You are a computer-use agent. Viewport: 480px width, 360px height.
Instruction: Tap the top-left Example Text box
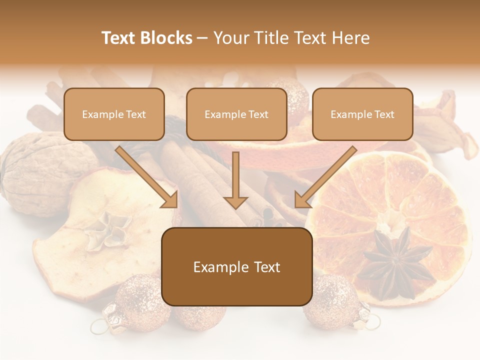point(114,114)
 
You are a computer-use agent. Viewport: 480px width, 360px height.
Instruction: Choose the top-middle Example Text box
point(236,114)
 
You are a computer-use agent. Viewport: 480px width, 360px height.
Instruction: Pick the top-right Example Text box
point(362,114)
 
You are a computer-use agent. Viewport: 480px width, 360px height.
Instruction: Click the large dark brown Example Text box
point(237,266)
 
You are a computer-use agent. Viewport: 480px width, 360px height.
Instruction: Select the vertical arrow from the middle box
point(235,180)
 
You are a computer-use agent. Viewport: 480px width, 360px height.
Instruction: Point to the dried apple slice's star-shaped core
point(107,230)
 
